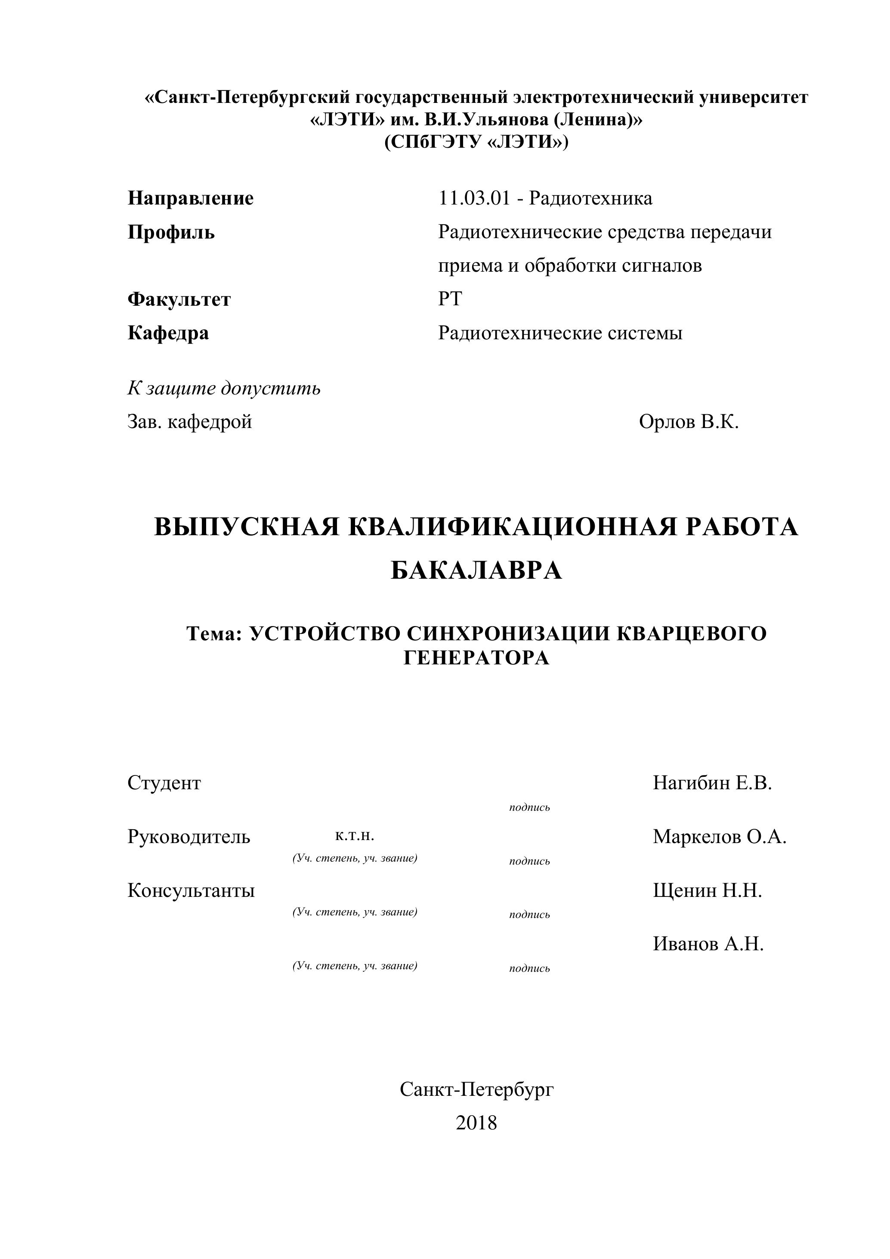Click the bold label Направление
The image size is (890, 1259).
[x=191, y=198]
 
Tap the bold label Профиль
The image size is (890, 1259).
[x=171, y=232]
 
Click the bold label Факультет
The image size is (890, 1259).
[x=179, y=299]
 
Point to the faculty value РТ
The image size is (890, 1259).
[x=450, y=299]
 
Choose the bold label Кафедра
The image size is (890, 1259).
[x=168, y=333]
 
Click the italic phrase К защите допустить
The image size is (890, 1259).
[x=224, y=388]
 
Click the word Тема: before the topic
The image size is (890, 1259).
[x=214, y=634]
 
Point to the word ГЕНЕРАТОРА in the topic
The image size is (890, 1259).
[x=476, y=657]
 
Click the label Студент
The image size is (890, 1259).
[x=164, y=783]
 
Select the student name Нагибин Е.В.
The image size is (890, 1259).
[x=712, y=783]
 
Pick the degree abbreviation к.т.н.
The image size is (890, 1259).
[x=355, y=836]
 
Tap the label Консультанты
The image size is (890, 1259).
[x=191, y=890]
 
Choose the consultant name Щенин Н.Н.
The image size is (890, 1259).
[x=708, y=890]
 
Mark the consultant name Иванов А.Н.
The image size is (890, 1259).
[x=708, y=944]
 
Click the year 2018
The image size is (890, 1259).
[x=476, y=1123]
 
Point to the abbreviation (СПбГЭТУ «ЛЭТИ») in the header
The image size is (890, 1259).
[x=476, y=142]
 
